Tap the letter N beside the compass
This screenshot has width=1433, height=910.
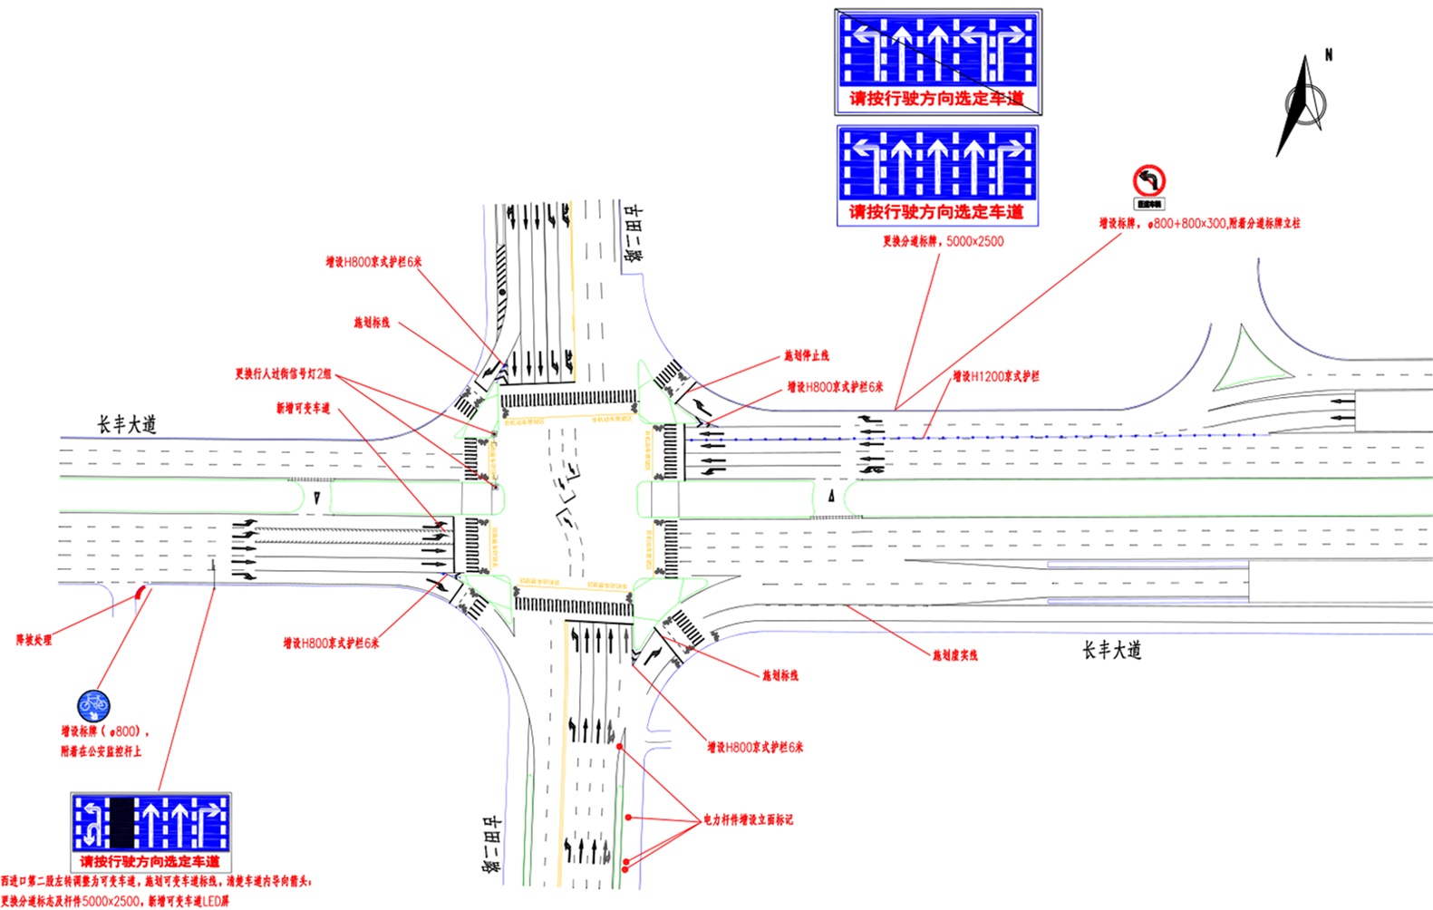pos(1329,54)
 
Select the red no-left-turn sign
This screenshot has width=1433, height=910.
pos(1148,181)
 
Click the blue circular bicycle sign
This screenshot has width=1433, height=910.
pos(93,703)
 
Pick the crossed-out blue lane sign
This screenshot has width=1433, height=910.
pos(938,62)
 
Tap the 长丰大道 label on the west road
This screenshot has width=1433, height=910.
pos(127,424)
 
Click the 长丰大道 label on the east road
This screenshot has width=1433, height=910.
pos(1111,650)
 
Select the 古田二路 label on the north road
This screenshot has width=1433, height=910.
pos(633,233)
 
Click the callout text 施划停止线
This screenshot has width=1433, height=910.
pos(807,355)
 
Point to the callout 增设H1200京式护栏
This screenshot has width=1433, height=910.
pos(995,376)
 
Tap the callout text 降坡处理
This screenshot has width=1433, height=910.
pos(34,640)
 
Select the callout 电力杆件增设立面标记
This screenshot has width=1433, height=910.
pos(748,819)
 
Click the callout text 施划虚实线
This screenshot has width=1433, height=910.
pos(955,654)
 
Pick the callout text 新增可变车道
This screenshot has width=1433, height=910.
pos(303,409)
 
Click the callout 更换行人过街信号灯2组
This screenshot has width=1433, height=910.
pos(283,373)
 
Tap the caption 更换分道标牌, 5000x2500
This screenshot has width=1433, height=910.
pos(943,241)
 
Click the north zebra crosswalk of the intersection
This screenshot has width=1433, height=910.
pos(568,399)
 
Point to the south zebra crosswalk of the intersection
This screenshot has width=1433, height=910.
pos(573,605)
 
